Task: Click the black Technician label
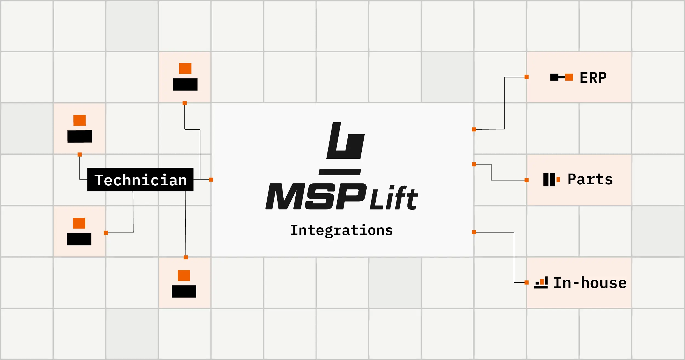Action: tap(140, 180)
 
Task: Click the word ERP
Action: tap(593, 78)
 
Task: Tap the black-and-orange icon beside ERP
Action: tap(562, 77)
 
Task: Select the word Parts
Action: tap(590, 179)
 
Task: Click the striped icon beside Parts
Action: tap(551, 180)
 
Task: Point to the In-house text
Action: tap(590, 283)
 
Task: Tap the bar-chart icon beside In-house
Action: tap(541, 282)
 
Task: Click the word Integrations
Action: tap(341, 230)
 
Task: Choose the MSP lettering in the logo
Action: tap(316, 196)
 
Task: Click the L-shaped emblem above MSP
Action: tap(346, 140)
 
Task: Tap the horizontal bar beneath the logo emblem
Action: tap(340, 172)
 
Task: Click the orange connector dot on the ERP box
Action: tap(527, 77)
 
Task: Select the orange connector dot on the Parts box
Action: tap(527, 180)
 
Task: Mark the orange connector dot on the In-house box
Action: tap(527, 282)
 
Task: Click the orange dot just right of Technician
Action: tap(211, 180)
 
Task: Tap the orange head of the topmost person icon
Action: tap(185, 68)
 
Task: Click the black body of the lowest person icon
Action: tap(184, 291)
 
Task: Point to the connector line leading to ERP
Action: tap(505, 103)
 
